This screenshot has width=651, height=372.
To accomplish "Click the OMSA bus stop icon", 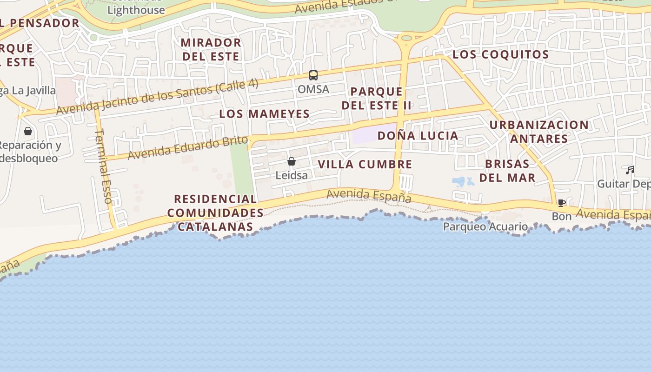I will (x=313, y=75).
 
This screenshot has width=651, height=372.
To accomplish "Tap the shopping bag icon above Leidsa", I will (x=292, y=161).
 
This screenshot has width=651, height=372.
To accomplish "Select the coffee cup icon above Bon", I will (x=562, y=203).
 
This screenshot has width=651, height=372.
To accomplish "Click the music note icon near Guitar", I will (x=630, y=170).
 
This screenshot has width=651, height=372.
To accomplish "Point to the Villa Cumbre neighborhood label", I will (x=365, y=164).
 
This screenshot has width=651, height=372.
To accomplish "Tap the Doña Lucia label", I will (x=418, y=136).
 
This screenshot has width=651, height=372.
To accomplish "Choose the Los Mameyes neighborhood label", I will (x=264, y=114).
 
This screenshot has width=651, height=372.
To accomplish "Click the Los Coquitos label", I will (x=500, y=54).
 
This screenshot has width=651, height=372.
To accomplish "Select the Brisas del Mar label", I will (x=507, y=171).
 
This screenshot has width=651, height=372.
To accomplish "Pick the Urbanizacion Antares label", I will (x=539, y=132).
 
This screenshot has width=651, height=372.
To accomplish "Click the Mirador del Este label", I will (x=211, y=50).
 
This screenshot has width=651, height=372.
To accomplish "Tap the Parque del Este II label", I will (x=377, y=98).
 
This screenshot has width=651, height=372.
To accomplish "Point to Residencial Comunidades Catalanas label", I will (x=215, y=213).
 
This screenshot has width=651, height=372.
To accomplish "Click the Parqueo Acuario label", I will (x=485, y=226).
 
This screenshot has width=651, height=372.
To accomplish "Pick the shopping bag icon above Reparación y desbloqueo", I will (x=28, y=131).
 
